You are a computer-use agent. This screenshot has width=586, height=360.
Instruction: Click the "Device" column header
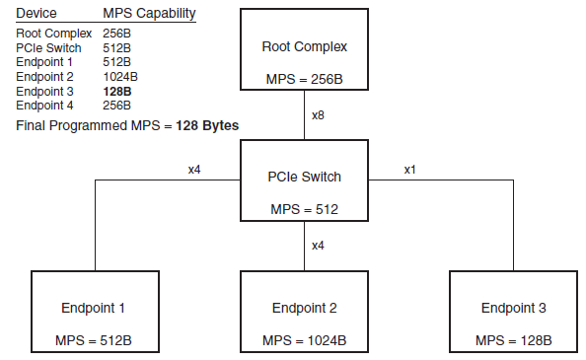tap(37, 14)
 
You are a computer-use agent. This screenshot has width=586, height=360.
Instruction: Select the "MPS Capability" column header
tap(149, 14)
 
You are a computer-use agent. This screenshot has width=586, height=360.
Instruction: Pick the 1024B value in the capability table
tap(121, 75)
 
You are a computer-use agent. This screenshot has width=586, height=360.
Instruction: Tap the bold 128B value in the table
tap(118, 90)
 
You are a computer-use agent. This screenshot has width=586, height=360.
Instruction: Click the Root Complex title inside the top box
tap(305, 46)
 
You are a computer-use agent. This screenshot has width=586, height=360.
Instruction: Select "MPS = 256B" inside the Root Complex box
tap(305, 79)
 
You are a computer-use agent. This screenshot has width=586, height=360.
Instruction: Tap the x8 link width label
tap(318, 116)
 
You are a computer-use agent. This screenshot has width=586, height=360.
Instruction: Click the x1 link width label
tap(409, 169)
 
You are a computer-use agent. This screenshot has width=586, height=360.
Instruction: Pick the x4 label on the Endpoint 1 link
tap(194, 169)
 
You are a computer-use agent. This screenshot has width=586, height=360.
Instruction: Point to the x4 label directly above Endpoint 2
tap(318, 246)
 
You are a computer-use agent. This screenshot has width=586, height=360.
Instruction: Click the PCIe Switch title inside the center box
tap(305, 177)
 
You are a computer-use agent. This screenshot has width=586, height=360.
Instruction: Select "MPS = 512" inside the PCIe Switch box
tap(305, 209)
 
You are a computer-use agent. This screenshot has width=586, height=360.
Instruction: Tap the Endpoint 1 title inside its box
tap(95, 308)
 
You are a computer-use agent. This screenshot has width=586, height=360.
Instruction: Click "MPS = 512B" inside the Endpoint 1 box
tap(95, 340)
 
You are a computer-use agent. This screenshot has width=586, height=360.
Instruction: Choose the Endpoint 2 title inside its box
tap(304, 308)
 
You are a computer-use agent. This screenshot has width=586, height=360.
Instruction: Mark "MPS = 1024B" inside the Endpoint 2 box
tap(304, 340)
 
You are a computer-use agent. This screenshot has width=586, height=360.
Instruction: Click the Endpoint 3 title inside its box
tap(513, 308)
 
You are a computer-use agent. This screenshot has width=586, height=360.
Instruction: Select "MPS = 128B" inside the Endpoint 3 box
tap(513, 340)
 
